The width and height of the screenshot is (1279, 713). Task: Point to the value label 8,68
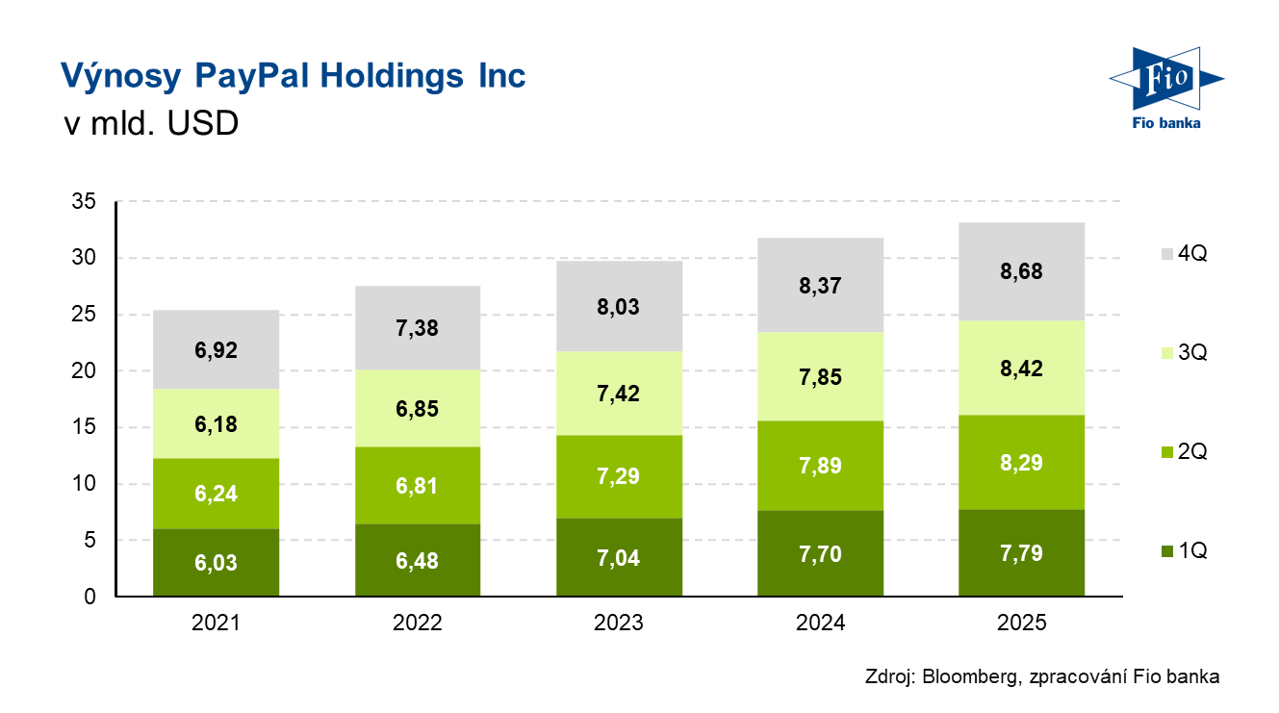click(x=1022, y=271)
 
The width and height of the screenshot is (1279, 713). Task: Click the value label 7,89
click(x=821, y=467)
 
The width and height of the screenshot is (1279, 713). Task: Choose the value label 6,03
click(x=216, y=563)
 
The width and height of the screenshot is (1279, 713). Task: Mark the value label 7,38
click(x=418, y=329)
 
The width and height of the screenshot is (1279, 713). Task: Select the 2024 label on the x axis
click(x=821, y=624)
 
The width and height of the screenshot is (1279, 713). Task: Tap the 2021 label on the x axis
click(x=216, y=624)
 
